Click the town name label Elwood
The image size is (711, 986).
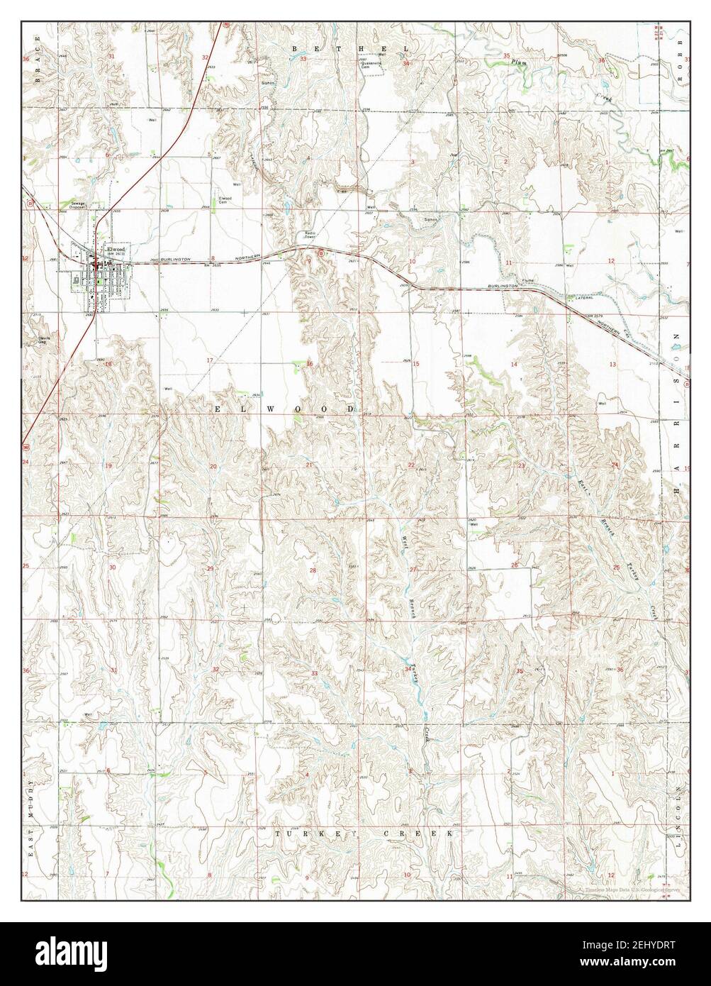click(116, 250)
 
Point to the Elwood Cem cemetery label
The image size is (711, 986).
click(225, 200)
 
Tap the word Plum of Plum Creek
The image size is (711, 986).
click(522, 63)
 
